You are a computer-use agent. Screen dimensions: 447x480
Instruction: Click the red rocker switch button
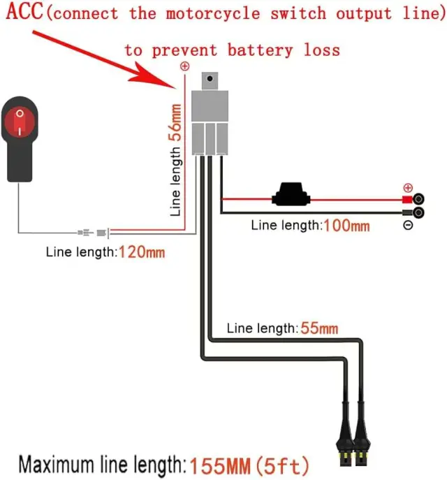tap(20, 122)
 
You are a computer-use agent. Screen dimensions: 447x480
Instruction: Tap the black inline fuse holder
tap(291, 194)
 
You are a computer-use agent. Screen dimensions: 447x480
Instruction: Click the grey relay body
tap(210, 122)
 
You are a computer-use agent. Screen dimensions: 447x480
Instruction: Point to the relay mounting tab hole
tap(210, 79)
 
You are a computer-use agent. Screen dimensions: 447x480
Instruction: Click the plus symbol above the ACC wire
tap(185, 66)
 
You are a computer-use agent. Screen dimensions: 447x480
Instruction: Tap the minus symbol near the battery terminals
tap(408, 225)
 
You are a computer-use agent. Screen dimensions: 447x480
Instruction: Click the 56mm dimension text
tap(175, 122)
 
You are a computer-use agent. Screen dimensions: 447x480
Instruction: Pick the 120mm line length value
tap(142, 252)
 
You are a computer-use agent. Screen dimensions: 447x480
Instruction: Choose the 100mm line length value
tap(346, 226)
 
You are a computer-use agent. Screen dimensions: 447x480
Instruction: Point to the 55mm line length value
tap(319, 328)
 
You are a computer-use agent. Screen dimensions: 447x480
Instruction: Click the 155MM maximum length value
tap(220, 466)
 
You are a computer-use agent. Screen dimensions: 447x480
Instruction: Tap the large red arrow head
tap(153, 75)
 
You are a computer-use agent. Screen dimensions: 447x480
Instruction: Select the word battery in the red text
tap(260, 50)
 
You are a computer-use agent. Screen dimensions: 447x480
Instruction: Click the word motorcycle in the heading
tap(213, 13)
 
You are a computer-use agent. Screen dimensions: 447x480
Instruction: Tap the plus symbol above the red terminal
tap(408, 188)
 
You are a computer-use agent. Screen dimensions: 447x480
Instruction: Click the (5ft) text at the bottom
tap(282, 466)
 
